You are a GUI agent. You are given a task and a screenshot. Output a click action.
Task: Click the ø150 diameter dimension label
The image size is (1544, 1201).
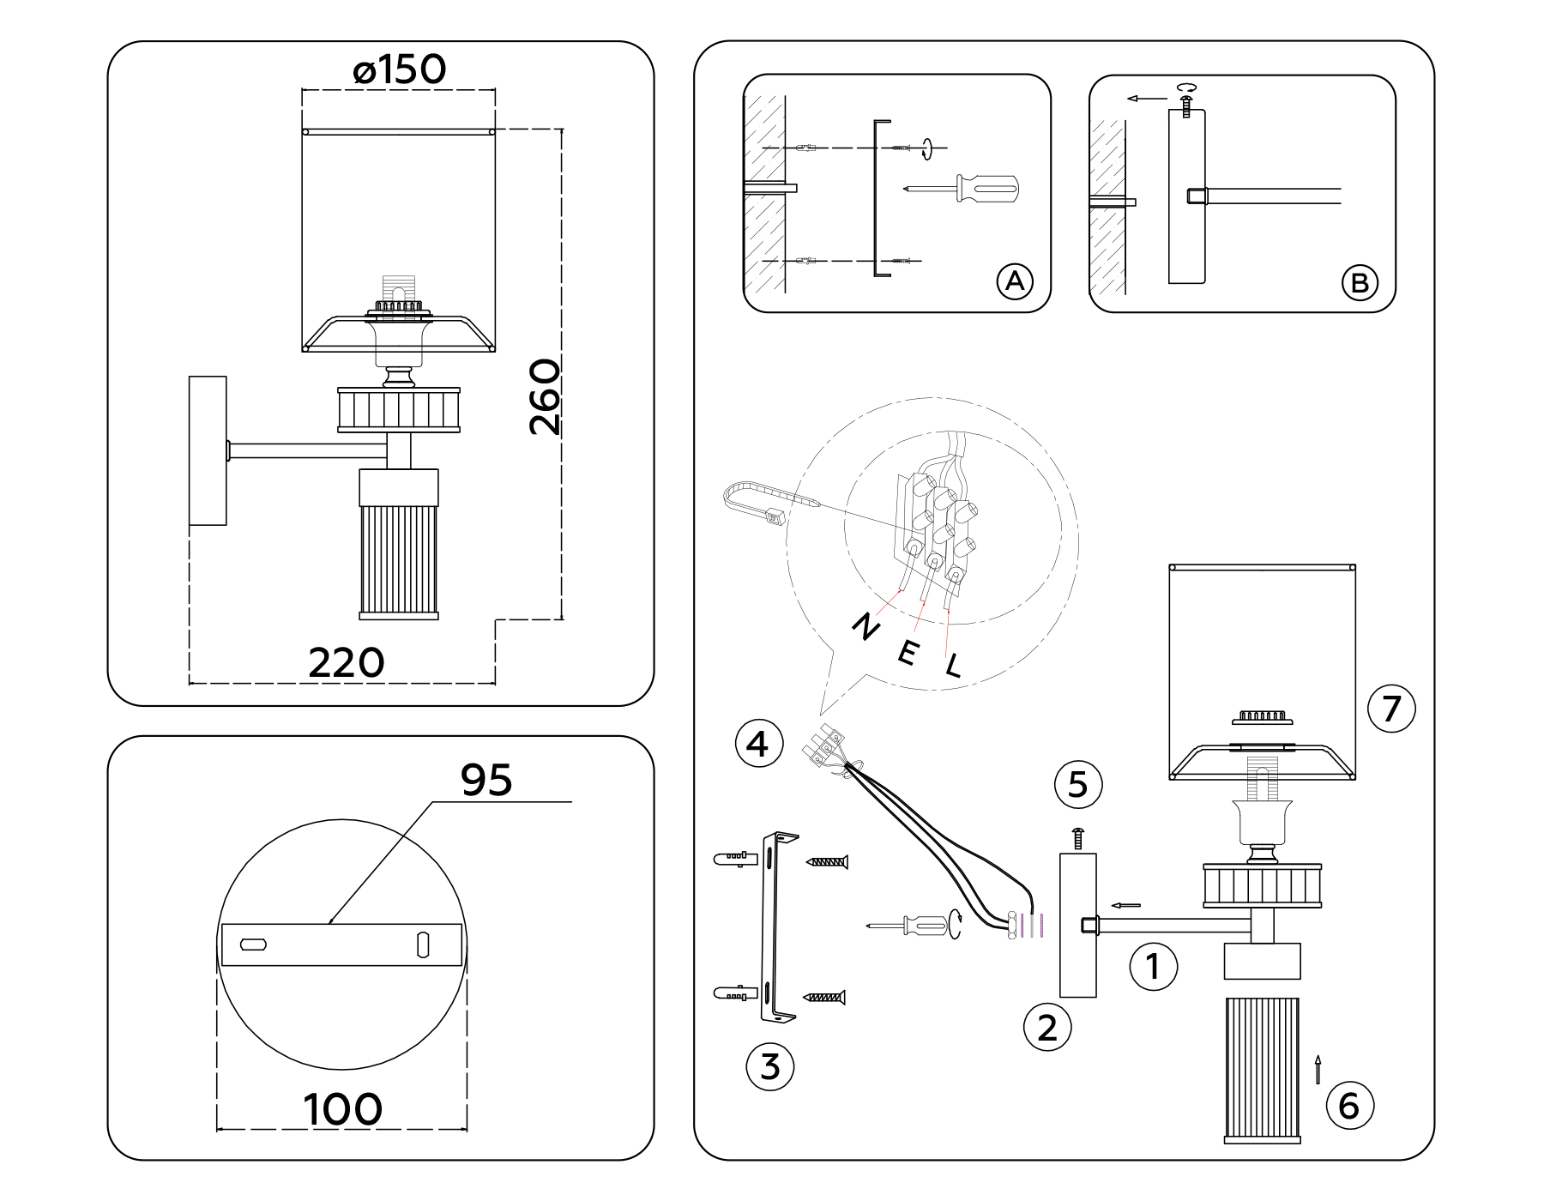400,69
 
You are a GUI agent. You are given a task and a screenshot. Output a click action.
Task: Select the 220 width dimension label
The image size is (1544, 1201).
347,663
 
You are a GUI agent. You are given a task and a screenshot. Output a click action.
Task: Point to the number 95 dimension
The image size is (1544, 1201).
486,780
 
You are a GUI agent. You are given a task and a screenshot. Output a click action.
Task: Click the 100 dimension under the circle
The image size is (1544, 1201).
342,1109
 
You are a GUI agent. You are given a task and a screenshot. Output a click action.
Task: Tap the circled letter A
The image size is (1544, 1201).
1015,281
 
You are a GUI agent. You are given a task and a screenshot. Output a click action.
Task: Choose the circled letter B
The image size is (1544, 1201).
1360,283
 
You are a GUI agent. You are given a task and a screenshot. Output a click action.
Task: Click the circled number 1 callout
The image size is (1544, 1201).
1154,967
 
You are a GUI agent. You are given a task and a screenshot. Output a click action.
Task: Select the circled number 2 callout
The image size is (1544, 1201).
1047,1028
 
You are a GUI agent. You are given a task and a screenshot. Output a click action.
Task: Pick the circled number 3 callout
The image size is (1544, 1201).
770,1067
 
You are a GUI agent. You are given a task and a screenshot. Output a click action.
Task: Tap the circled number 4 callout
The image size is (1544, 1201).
758,744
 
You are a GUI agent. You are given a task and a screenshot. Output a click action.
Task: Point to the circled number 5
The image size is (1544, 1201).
1078,784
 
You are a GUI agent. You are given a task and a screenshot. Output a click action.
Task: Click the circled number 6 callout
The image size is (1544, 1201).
1349,1106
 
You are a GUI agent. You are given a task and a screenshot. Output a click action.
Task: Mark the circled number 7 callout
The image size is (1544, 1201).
1391,709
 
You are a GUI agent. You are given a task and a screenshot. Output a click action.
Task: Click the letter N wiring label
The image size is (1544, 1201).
865,628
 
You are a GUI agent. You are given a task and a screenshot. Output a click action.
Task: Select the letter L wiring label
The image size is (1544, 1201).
954,666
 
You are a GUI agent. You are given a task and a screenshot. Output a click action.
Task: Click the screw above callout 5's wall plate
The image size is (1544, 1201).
1079,838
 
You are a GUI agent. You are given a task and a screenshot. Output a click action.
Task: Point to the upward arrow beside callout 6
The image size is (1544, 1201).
1318,1070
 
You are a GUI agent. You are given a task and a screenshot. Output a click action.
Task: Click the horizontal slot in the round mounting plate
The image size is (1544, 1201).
254,945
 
